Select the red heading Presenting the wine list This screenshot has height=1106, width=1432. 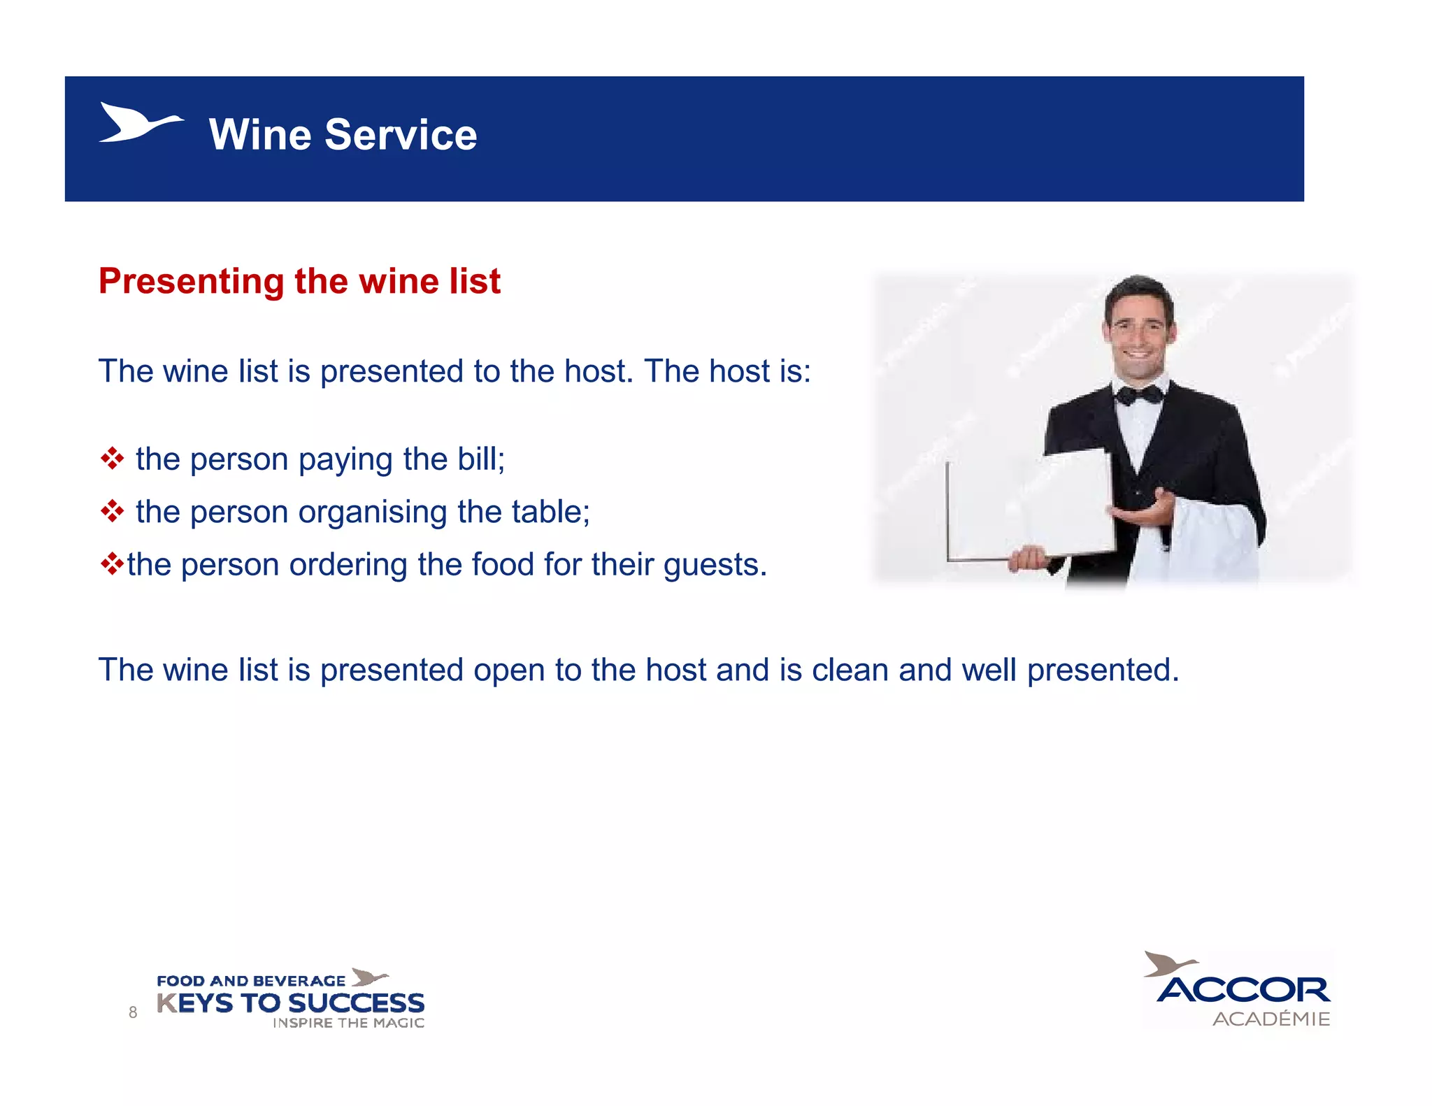(299, 281)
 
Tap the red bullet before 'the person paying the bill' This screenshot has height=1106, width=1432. (112, 459)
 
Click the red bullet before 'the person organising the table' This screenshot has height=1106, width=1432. (112, 512)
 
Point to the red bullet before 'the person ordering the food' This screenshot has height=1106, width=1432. (111, 563)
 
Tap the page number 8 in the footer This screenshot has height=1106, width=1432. (133, 1012)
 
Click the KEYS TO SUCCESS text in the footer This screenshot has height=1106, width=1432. (290, 1003)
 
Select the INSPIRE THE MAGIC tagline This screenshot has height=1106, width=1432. (348, 1023)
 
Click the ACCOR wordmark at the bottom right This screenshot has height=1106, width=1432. (1243, 989)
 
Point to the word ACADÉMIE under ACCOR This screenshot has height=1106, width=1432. (1270, 1019)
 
